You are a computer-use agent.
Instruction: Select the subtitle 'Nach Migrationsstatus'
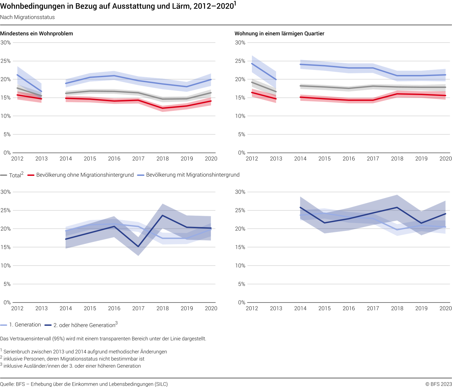coord(27,17)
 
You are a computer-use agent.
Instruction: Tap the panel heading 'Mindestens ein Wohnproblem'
coord(37,34)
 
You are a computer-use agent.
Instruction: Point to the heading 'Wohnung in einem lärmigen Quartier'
coord(279,34)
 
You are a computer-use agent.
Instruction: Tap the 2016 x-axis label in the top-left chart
coord(114,159)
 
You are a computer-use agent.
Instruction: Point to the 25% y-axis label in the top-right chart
coord(240,61)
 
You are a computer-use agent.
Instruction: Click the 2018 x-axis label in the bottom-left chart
coord(163,308)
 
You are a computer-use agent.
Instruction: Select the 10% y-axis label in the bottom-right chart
coord(240,266)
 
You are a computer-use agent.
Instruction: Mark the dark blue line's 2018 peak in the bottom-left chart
coord(163,215)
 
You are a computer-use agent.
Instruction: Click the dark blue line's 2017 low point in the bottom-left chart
coord(138,246)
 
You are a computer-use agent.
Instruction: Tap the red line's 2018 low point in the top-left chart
coord(163,108)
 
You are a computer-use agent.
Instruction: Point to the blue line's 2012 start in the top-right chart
coord(252,64)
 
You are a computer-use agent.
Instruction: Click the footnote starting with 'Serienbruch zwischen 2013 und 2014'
coord(84,351)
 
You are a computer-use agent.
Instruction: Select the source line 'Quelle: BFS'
coord(84,384)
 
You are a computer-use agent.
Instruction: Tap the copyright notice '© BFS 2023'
coord(438,384)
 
